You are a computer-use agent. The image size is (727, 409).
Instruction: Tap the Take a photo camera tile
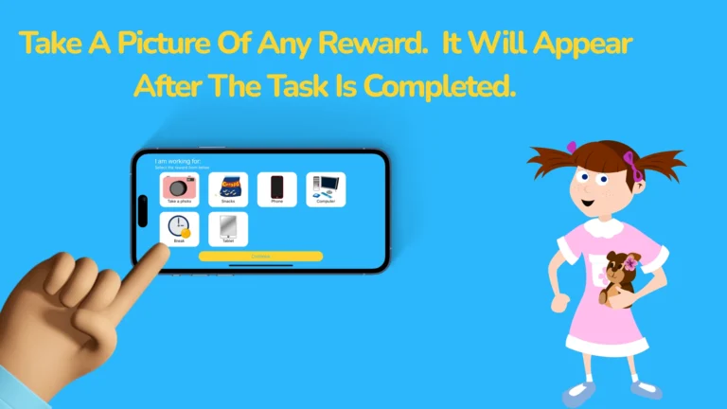tap(178, 188)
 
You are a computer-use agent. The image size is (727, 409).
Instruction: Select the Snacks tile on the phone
tap(228, 188)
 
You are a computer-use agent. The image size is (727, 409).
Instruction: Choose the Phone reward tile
tap(276, 188)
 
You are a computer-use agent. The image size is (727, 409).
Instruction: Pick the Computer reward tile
tap(326, 188)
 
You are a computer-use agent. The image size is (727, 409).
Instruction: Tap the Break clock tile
tap(178, 228)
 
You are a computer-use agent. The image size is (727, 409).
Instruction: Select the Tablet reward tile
tap(228, 228)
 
